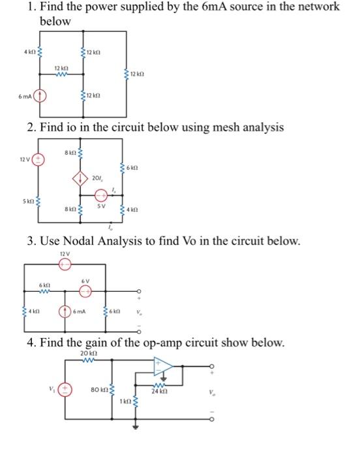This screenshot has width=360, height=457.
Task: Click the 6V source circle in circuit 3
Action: point(85,291)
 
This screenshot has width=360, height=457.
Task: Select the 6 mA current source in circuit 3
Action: point(66,311)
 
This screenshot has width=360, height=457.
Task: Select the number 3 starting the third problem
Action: point(30,241)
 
